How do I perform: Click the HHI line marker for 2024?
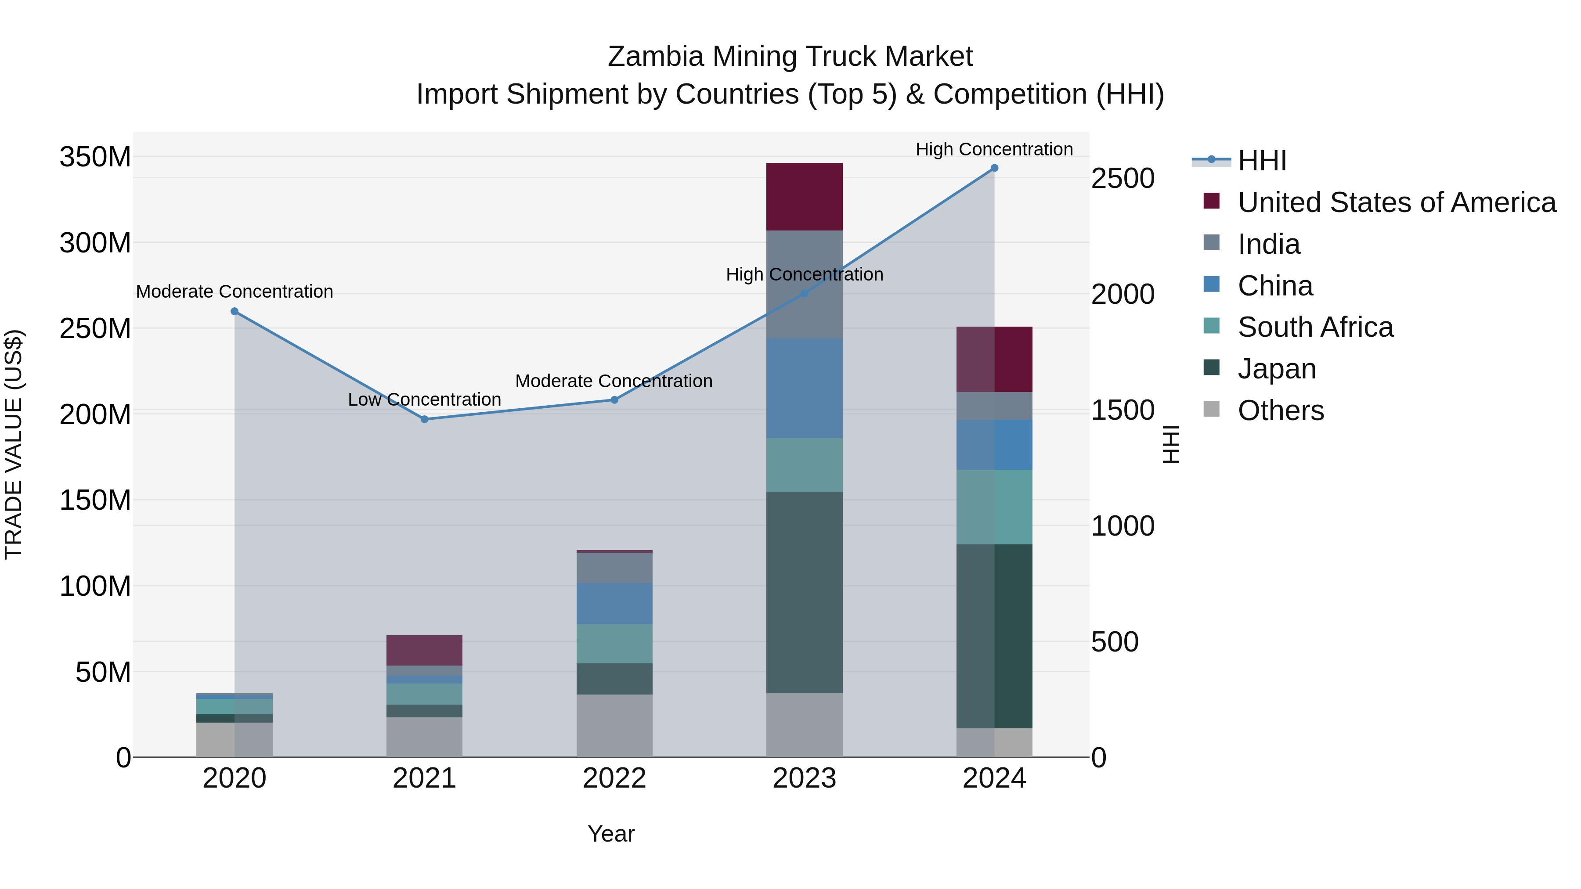994,168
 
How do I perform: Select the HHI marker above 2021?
424,419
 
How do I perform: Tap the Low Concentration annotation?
424,400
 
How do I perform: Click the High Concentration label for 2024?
994,149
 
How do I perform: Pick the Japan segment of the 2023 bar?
804,592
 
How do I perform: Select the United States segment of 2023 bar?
804,197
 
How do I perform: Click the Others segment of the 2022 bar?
614,725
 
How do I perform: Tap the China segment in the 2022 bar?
614,604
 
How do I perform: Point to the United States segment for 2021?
424,650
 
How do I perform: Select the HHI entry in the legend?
1261,161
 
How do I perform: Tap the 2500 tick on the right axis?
1123,179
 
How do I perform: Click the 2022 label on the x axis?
614,778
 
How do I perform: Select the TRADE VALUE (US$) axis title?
14,444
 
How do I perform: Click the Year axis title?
611,834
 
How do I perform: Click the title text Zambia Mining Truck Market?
790,57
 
